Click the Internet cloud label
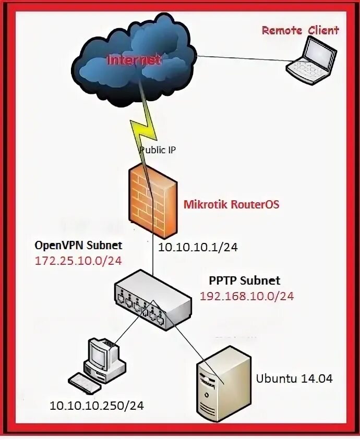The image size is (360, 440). pyautogui.click(x=134, y=60)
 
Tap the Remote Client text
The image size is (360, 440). pyautogui.click(x=300, y=30)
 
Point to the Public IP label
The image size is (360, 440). pyautogui.click(x=158, y=150)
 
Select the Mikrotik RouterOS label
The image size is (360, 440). pyautogui.click(x=231, y=204)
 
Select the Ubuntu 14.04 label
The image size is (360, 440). pyautogui.click(x=294, y=378)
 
